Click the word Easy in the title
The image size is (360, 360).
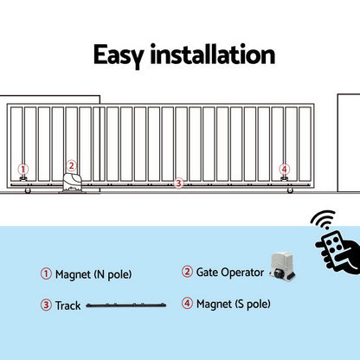tap(119, 55)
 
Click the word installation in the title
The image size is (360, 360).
tap(213, 54)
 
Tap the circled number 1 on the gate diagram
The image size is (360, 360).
tap(23, 169)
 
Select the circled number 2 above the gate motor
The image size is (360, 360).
tap(71, 166)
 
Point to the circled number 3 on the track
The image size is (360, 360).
tap(178, 183)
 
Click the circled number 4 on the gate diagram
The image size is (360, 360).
tap(285, 169)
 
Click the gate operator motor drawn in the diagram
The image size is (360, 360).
tap(73, 183)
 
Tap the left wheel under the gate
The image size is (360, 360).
tap(28, 190)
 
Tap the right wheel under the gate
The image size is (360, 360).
tap(290, 190)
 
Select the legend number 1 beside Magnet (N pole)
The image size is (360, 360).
tap(46, 273)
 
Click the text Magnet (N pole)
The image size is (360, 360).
tap(93, 274)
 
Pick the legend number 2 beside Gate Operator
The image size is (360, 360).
tap(187, 272)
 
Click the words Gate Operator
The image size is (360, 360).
tap(230, 273)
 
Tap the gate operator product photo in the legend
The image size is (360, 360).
tap(283, 266)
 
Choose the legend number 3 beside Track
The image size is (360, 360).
tap(46, 305)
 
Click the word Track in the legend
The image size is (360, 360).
tap(68, 305)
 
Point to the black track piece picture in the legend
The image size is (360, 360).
tap(126, 305)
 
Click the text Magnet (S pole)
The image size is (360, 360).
tap(234, 304)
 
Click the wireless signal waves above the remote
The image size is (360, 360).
tap(324, 219)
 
